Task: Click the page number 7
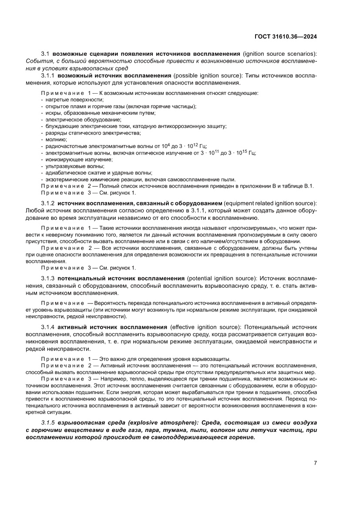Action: pyautogui.click(x=315, y=463)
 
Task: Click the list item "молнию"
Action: pyautogui.click(x=54, y=139)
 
